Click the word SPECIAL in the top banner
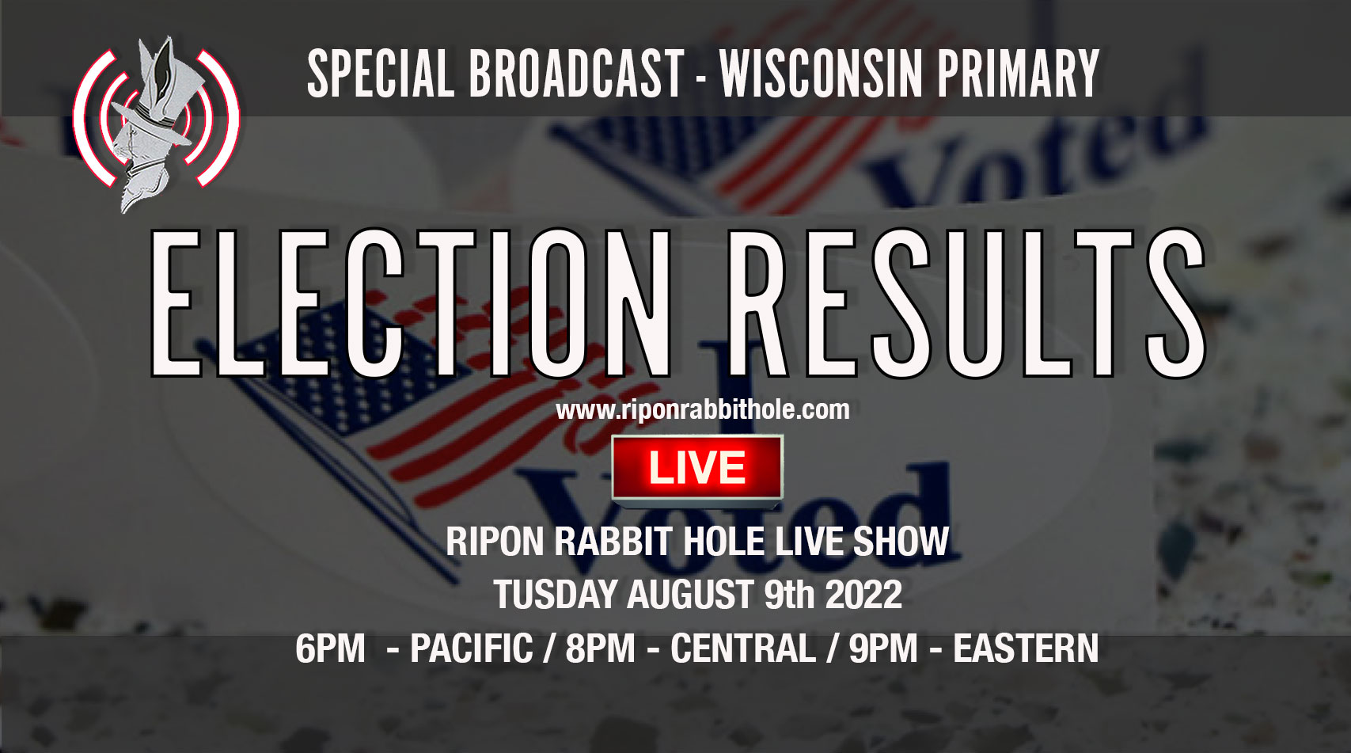(x=380, y=74)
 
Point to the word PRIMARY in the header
(x=1019, y=74)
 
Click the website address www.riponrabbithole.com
(x=702, y=410)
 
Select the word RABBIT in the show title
(x=614, y=542)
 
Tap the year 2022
(x=863, y=595)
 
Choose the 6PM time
(x=330, y=649)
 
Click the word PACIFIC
(x=472, y=649)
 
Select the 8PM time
(x=600, y=649)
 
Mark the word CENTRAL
(x=742, y=649)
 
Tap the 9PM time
(x=883, y=649)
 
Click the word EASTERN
(x=1026, y=649)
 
